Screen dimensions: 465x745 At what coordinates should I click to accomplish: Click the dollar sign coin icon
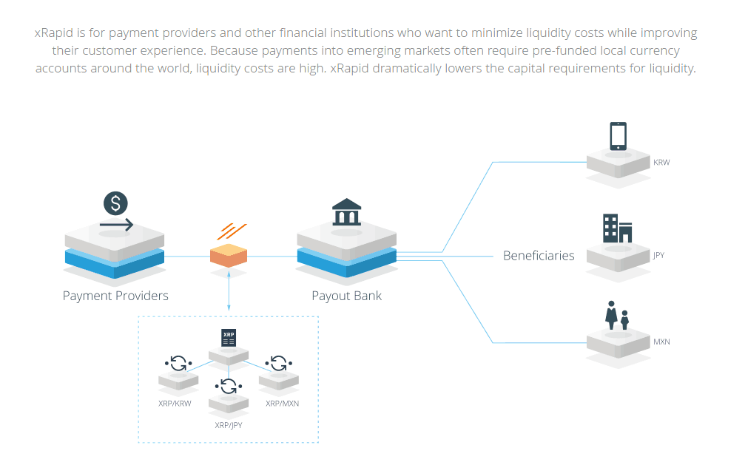(x=115, y=203)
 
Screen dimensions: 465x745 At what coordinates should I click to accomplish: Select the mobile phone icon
(x=618, y=136)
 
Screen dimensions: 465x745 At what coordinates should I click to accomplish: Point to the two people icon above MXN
(x=617, y=315)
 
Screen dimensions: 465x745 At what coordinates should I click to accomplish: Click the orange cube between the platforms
(x=229, y=255)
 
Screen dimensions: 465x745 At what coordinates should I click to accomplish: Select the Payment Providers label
(x=115, y=296)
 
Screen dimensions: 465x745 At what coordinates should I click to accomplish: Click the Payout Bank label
(x=346, y=296)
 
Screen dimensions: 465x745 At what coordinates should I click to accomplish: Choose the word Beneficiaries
(x=539, y=256)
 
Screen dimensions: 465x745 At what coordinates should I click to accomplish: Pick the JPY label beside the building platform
(x=658, y=256)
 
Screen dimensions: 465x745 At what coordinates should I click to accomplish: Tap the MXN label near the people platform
(x=661, y=342)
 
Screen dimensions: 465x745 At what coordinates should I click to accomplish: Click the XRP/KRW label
(x=175, y=404)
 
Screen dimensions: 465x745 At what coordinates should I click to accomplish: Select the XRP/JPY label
(x=229, y=425)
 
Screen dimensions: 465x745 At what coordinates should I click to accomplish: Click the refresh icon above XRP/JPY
(x=229, y=386)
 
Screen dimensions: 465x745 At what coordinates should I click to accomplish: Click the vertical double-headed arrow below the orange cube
(x=229, y=291)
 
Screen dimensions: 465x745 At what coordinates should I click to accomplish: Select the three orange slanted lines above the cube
(x=231, y=231)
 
